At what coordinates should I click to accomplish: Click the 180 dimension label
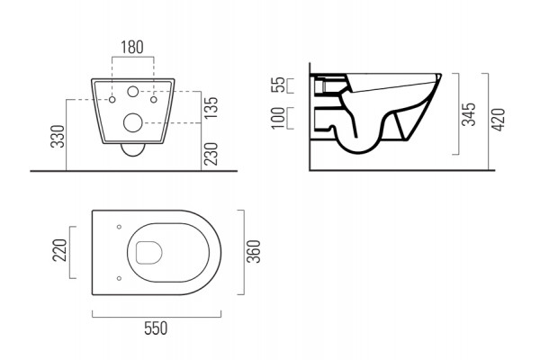(x=132, y=48)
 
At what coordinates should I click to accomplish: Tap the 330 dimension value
(x=58, y=137)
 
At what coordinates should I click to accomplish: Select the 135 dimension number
(x=211, y=107)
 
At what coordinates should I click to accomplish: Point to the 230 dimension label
(x=211, y=154)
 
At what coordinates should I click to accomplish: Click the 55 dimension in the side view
(x=278, y=85)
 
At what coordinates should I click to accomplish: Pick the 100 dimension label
(x=278, y=118)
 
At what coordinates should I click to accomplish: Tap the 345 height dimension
(x=469, y=114)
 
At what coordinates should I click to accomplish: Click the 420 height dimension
(x=498, y=119)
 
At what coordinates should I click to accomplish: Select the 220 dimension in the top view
(x=60, y=250)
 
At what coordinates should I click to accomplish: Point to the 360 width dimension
(x=255, y=251)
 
